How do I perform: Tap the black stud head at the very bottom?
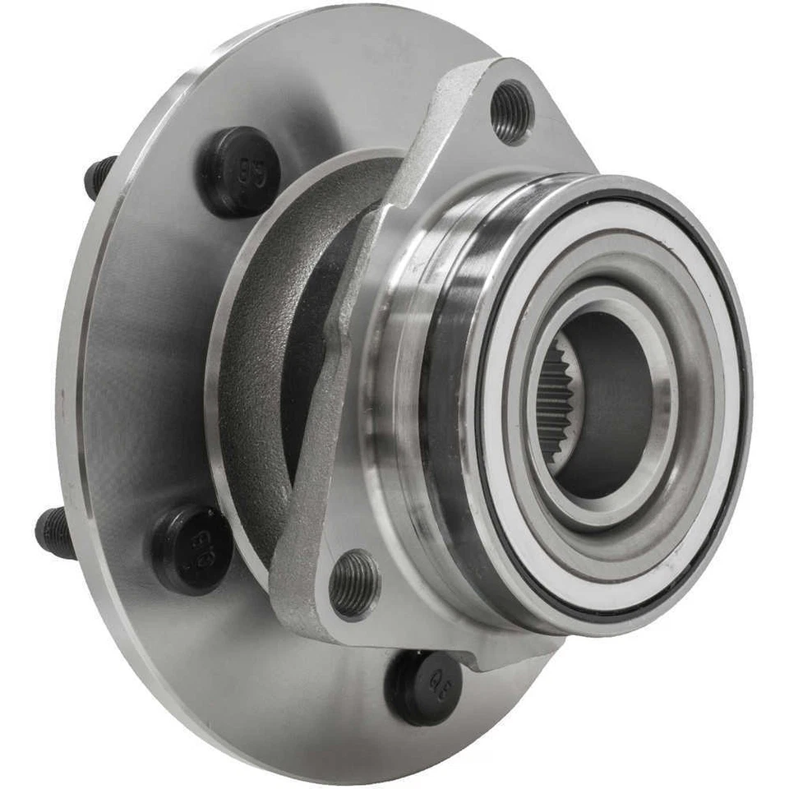click(423, 686)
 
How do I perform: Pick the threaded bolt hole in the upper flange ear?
click(511, 112)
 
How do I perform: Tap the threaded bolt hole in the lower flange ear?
click(354, 584)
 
